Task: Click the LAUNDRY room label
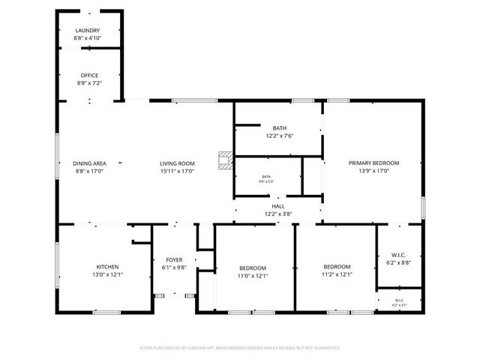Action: point(88,31)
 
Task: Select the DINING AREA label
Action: point(88,163)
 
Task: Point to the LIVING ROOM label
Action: point(177,163)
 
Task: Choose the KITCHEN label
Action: point(107,267)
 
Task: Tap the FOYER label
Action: point(173,260)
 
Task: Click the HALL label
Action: point(278,206)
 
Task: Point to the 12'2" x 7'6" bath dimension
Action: point(279,136)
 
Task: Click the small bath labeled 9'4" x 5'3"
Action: point(266,178)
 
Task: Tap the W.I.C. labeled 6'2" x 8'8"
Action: point(398,259)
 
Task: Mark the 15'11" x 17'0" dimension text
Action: point(177,171)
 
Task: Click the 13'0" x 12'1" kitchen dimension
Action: point(107,275)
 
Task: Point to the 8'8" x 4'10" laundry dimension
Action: point(88,38)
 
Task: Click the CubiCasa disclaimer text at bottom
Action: point(240,348)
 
